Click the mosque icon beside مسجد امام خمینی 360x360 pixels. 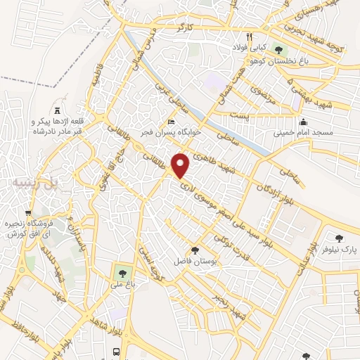coord(302,121)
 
